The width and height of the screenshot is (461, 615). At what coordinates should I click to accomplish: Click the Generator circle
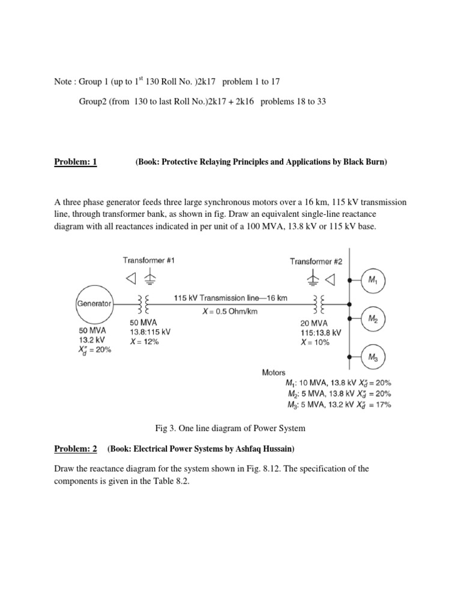(x=95, y=304)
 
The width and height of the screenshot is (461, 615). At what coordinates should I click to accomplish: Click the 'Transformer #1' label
(x=149, y=261)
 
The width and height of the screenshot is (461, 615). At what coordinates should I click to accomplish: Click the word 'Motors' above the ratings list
(x=274, y=372)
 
